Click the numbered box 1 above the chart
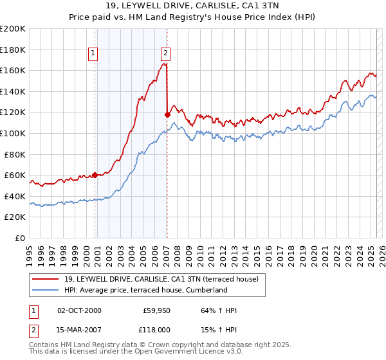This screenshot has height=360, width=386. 93,53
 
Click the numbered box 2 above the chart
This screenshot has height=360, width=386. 165,53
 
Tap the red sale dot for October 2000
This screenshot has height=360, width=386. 95,175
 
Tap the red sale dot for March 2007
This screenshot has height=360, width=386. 167,114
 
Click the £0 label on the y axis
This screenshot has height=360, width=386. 21,238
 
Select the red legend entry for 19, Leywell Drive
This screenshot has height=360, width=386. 161,279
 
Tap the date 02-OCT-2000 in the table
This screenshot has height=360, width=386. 79,311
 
